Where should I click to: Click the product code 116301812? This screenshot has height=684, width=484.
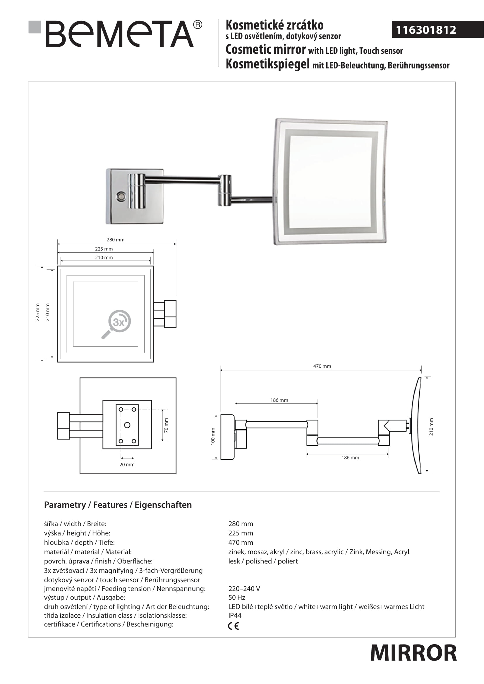click(x=426, y=30)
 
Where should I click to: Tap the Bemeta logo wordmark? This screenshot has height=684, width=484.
click(x=119, y=34)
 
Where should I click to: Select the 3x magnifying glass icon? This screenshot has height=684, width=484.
click(x=116, y=324)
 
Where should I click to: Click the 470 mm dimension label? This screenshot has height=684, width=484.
click(x=322, y=366)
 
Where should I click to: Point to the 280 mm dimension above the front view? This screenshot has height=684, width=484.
click(x=116, y=240)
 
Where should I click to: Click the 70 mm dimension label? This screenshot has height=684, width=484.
click(x=166, y=425)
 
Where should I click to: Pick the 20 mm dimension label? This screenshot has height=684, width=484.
click(x=127, y=464)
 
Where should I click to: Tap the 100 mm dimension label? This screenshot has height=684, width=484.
click(x=213, y=436)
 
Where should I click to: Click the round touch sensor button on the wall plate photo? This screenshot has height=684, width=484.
click(x=121, y=197)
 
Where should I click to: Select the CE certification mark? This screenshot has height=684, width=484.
click(x=233, y=626)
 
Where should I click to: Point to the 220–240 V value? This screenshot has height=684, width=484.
click(x=244, y=588)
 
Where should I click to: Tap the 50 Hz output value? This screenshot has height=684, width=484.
click(x=237, y=597)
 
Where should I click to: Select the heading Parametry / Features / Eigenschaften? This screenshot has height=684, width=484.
click(x=118, y=505)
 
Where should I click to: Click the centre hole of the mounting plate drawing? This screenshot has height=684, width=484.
click(x=127, y=425)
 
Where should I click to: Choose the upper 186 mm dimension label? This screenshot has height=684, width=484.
click(x=279, y=400)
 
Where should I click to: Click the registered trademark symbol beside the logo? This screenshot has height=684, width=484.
click(x=198, y=25)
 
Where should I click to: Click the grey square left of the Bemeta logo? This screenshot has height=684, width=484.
click(x=35, y=27)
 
